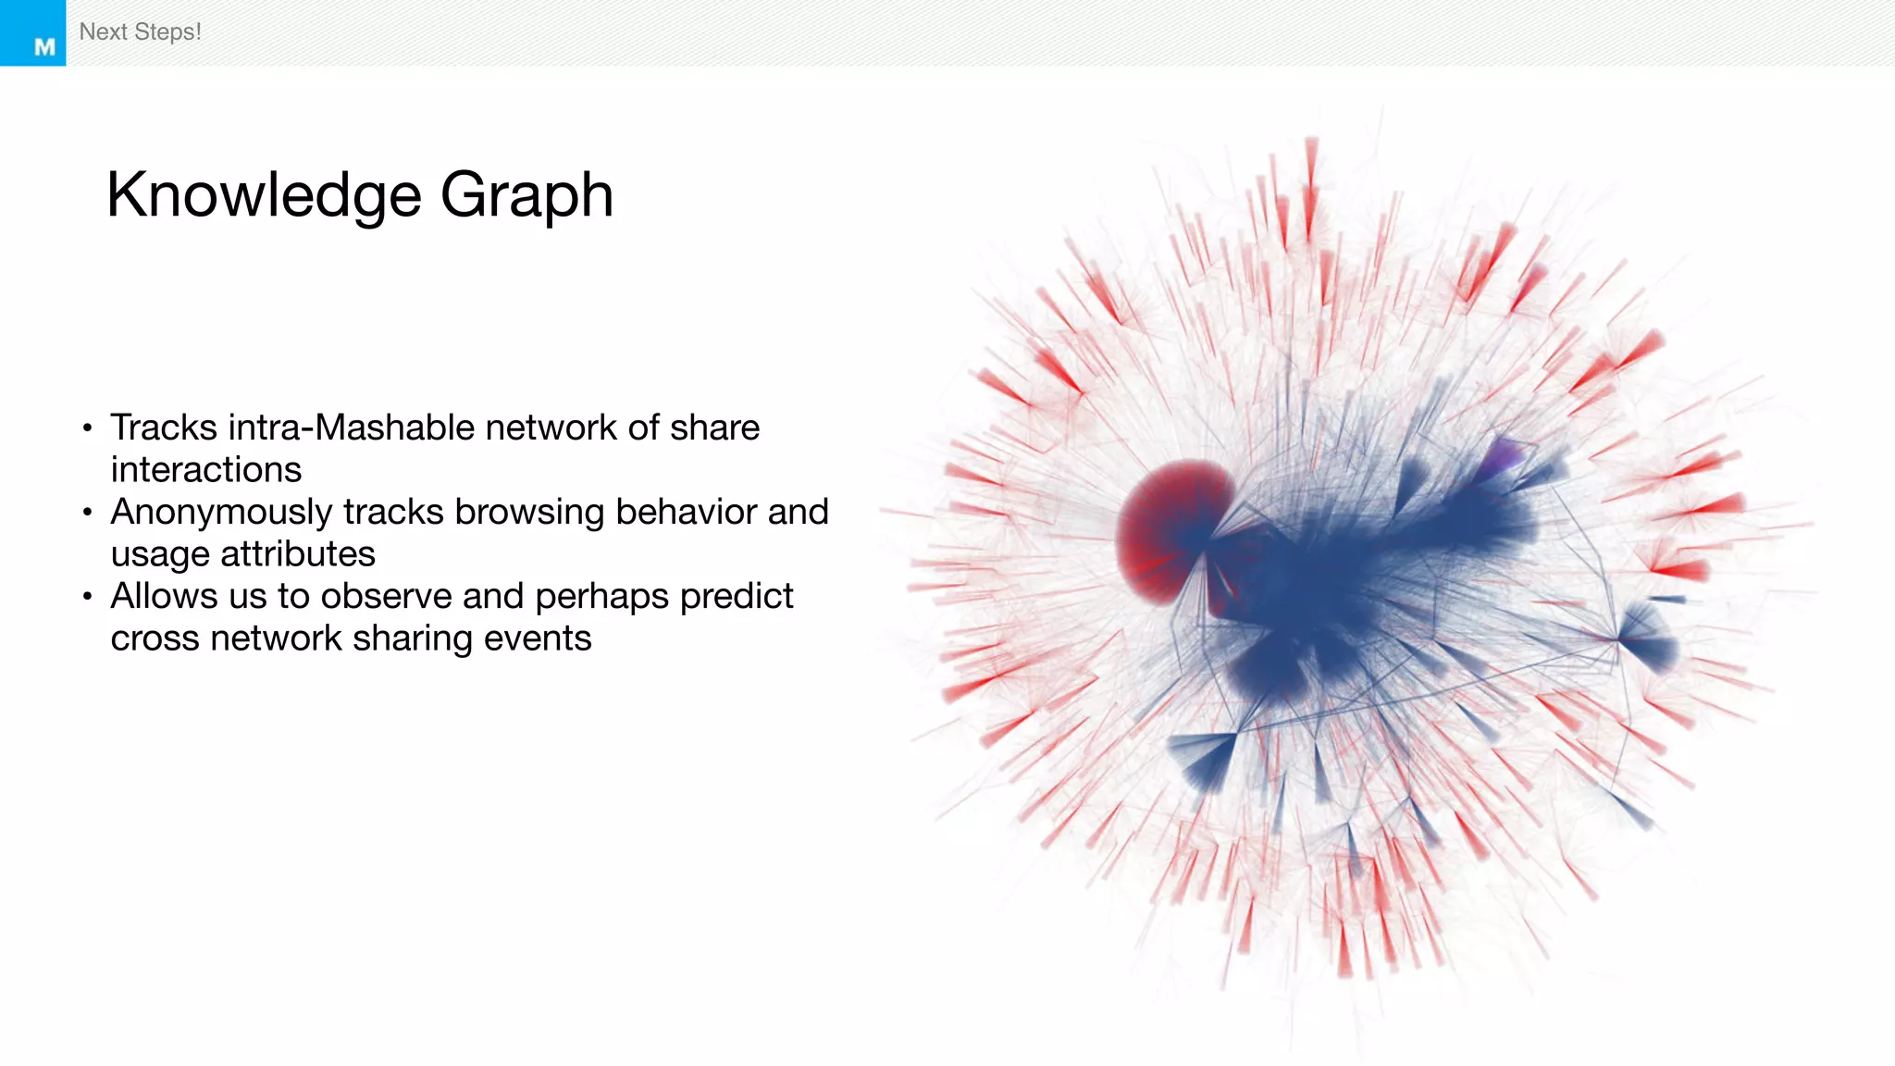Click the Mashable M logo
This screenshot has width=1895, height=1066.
click(43, 46)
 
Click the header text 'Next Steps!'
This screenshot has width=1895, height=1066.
click(140, 32)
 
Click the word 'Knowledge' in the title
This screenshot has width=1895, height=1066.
click(265, 195)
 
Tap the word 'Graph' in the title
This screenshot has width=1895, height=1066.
click(526, 195)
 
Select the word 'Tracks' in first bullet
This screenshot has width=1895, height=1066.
click(163, 428)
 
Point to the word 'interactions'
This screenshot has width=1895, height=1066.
click(205, 470)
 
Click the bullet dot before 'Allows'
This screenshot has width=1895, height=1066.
click(87, 597)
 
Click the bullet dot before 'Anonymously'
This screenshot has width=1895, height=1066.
click(87, 512)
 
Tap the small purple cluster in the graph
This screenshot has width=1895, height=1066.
click(1505, 455)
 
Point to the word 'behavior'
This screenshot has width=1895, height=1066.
click(674, 512)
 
